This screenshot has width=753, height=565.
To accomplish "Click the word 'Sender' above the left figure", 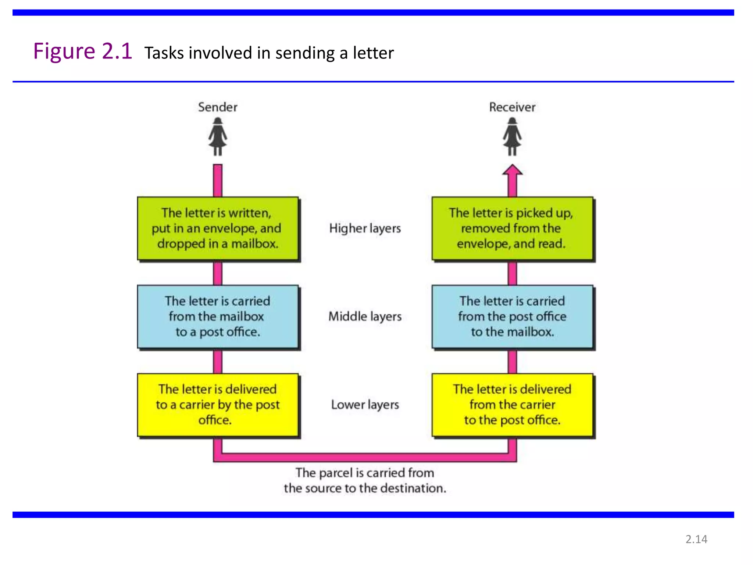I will tap(218, 107).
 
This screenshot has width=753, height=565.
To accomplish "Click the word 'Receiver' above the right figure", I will tap(512, 107).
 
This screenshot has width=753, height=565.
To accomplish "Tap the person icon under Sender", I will tap(218, 136).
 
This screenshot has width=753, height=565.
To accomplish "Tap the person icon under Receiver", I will tap(512, 136).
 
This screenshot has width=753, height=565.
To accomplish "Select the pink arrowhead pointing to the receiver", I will tap(512, 171).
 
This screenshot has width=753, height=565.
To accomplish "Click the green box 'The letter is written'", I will tap(218, 228).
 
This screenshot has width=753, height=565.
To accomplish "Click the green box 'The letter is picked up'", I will tap(512, 228).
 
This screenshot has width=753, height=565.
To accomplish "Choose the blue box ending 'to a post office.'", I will tap(218, 316).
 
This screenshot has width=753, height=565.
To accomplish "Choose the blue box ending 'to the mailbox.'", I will tap(512, 316).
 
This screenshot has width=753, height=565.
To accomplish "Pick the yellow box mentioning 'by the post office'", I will tap(218, 405).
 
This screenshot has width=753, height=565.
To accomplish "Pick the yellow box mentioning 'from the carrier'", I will tap(512, 405).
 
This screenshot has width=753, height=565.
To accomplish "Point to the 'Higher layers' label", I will tap(365, 228).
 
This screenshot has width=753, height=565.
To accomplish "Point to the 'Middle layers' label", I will tap(365, 316).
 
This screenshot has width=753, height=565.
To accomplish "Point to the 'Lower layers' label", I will tap(365, 405).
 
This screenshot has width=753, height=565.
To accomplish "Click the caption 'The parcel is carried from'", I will tap(365, 473).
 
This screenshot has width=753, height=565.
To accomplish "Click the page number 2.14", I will tap(696, 539).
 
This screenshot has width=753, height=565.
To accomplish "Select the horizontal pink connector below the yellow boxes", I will tap(365, 457).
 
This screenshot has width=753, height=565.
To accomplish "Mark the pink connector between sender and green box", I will tap(218, 180).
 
